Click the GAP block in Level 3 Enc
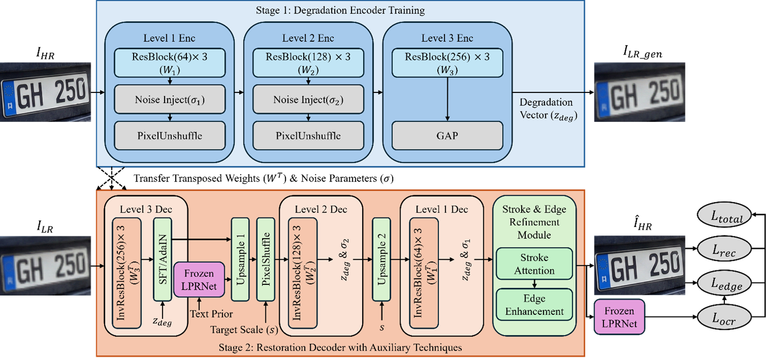[x=448, y=135]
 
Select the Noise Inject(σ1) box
[x=170, y=100]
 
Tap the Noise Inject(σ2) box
[x=308, y=100]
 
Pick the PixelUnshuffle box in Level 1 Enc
[x=170, y=135]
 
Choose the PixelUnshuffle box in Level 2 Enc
[x=308, y=135]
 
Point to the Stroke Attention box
[x=534, y=264]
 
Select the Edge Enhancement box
[x=534, y=304]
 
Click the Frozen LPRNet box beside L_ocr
[x=619, y=317]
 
